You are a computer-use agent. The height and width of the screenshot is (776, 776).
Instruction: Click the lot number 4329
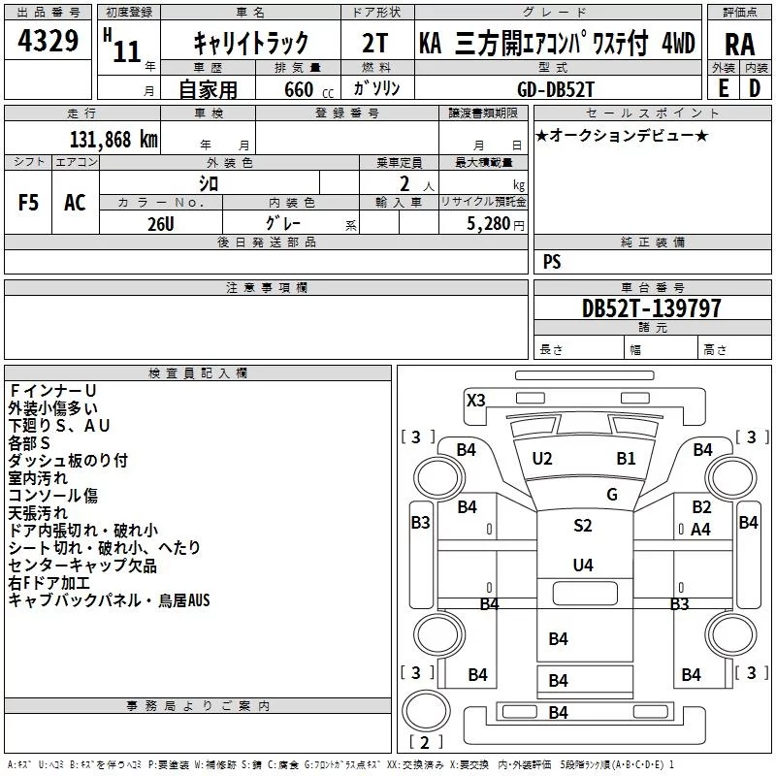click(48, 42)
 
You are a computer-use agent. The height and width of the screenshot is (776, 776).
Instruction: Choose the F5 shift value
click(29, 203)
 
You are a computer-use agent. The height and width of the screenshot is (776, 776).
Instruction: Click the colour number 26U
click(161, 222)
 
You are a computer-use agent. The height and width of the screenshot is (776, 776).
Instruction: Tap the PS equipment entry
click(552, 262)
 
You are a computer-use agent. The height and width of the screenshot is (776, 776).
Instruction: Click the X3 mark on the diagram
click(475, 400)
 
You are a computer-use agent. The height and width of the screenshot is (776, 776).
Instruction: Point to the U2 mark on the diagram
click(542, 458)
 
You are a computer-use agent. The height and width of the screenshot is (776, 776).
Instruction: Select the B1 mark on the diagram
click(626, 458)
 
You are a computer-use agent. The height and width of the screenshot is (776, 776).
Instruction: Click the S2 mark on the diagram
click(582, 526)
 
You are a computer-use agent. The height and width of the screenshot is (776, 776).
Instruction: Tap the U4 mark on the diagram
click(582, 565)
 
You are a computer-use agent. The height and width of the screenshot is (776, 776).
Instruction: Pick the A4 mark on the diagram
click(701, 530)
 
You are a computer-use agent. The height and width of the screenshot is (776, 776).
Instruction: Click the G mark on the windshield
click(612, 495)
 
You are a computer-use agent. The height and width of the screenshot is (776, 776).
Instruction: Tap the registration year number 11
click(126, 51)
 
